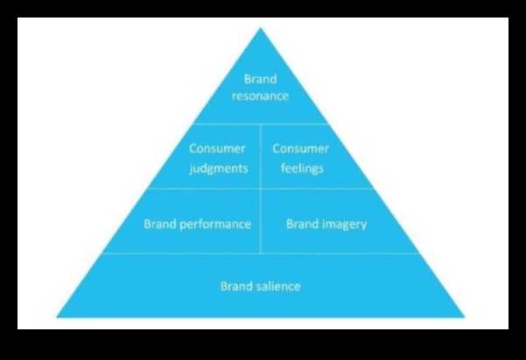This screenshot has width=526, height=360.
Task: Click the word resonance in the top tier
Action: [260, 95]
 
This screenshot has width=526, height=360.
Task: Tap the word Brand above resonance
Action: [260, 80]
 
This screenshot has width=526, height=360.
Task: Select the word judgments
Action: [218, 167]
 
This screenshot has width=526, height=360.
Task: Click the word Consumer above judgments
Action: [218, 149]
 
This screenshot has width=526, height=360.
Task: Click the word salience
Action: [278, 286]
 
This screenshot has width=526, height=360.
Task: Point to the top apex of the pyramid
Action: [260, 29]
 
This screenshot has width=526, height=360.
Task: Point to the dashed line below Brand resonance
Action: [260, 123]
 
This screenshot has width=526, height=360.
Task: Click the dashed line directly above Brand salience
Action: [260, 254]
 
